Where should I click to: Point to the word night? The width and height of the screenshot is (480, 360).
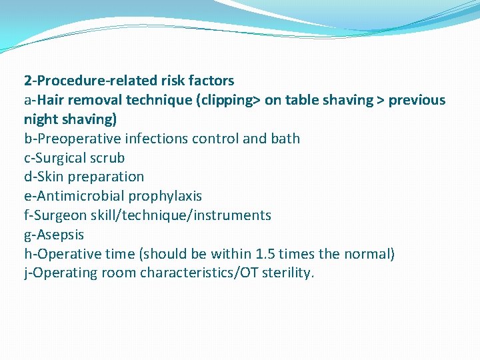(41, 119)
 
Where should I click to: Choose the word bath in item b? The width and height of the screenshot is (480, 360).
(285, 139)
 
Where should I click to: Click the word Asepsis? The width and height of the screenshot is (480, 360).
(62, 235)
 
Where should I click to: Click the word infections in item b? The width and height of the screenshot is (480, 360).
(157, 139)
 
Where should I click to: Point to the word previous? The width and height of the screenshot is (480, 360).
(417, 100)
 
